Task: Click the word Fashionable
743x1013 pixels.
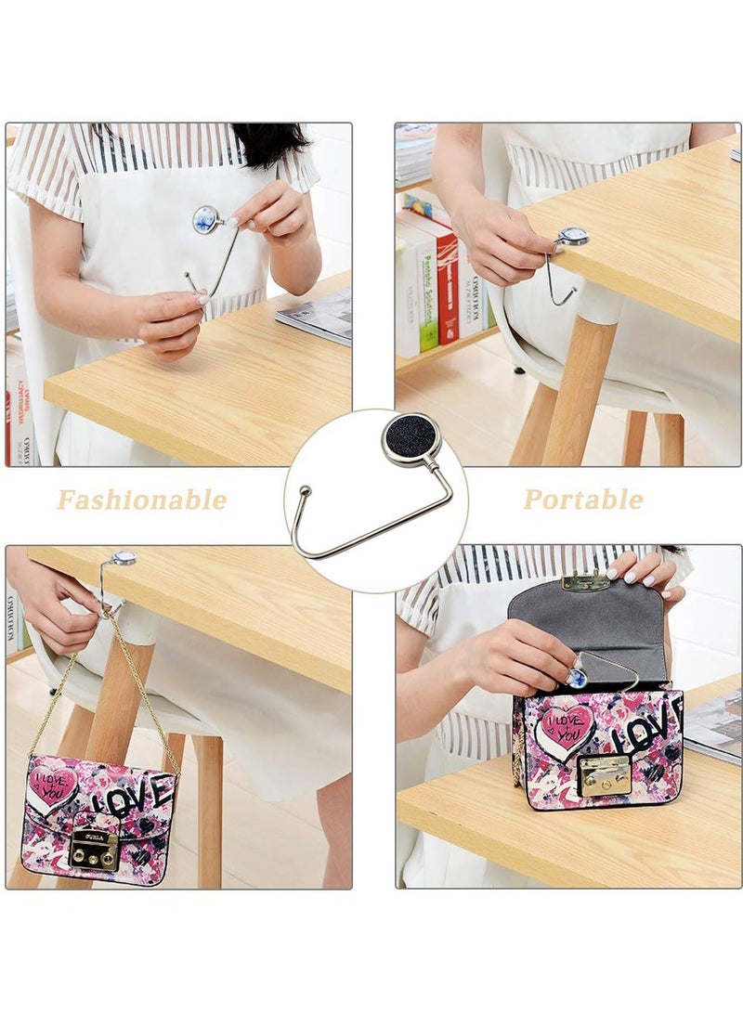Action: (141, 500)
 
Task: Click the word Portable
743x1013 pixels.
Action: (582, 500)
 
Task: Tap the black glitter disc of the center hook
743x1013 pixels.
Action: (410, 439)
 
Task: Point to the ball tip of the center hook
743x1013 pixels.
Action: (303, 489)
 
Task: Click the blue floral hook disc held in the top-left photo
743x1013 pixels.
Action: (205, 218)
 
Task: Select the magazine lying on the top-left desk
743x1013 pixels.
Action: (315, 315)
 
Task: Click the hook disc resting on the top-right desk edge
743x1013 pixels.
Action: (571, 237)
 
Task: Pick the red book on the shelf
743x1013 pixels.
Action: (448, 288)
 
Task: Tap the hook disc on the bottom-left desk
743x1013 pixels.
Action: (123, 559)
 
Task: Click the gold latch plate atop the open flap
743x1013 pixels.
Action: (586, 582)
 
